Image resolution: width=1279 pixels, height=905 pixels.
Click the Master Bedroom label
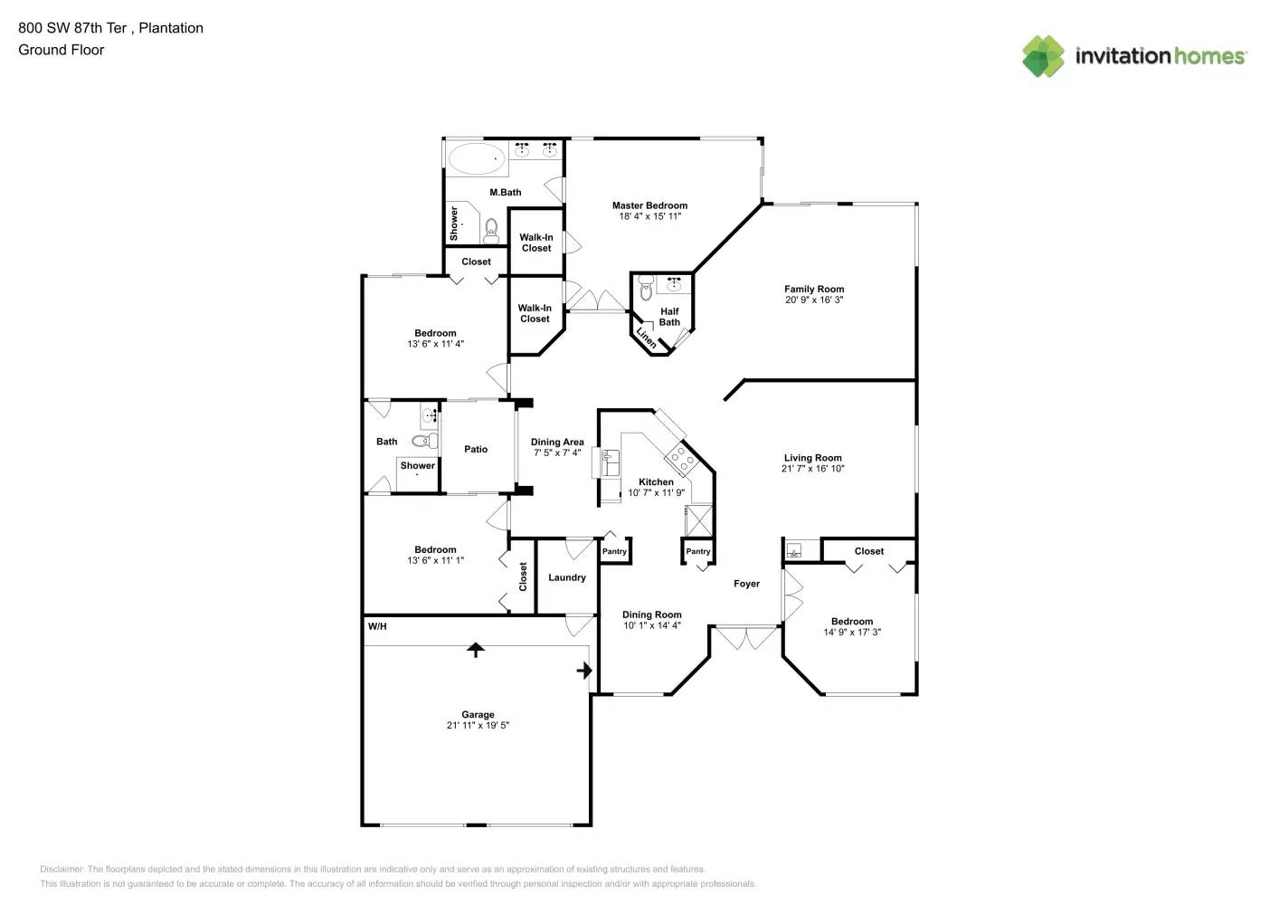click(649, 205)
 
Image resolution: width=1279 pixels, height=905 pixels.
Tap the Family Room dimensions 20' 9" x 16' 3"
click(814, 300)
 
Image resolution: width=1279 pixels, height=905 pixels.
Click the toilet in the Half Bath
click(646, 290)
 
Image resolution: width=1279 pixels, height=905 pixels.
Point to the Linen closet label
click(646, 337)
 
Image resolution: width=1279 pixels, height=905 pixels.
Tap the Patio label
click(476, 449)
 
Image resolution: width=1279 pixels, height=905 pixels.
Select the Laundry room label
click(567, 577)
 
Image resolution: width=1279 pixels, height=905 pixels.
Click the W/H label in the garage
click(377, 626)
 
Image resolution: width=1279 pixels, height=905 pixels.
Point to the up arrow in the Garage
click(475, 649)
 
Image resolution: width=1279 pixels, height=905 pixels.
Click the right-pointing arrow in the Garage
click(584, 671)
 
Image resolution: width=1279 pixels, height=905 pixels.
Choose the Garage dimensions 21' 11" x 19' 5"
click(478, 726)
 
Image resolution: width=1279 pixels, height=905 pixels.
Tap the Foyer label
click(746, 584)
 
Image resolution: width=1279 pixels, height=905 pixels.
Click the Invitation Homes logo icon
click(1043, 56)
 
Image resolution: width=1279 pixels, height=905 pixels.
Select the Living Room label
click(812, 458)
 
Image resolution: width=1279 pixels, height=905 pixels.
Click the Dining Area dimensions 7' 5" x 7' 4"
click(557, 453)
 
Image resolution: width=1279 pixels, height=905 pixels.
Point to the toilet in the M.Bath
click(491, 231)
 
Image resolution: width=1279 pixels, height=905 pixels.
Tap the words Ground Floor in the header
click(62, 50)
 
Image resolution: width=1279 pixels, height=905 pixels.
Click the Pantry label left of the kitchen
click(614, 551)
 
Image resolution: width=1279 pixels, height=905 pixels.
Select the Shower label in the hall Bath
click(418, 465)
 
